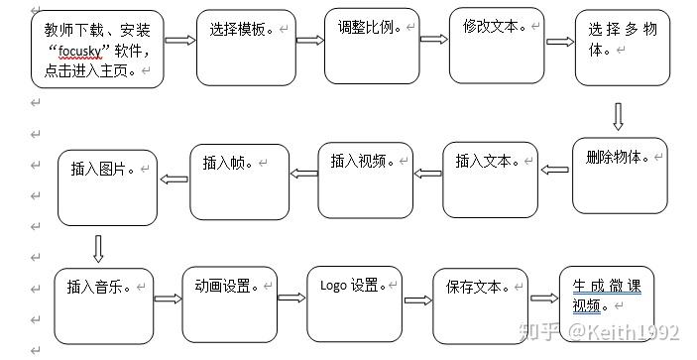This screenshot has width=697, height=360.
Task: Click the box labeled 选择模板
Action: click(246, 49)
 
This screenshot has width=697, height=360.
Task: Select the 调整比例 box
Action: click(372, 47)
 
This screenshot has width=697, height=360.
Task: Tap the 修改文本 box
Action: click(497, 46)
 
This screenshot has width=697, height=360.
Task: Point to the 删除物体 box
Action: click(620, 175)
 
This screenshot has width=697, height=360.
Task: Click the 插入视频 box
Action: click(364, 180)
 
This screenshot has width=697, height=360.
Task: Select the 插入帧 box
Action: click(239, 181)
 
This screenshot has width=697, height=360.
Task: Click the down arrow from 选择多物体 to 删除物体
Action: click(618, 118)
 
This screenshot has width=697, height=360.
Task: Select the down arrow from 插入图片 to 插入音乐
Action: click(98, 246)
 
